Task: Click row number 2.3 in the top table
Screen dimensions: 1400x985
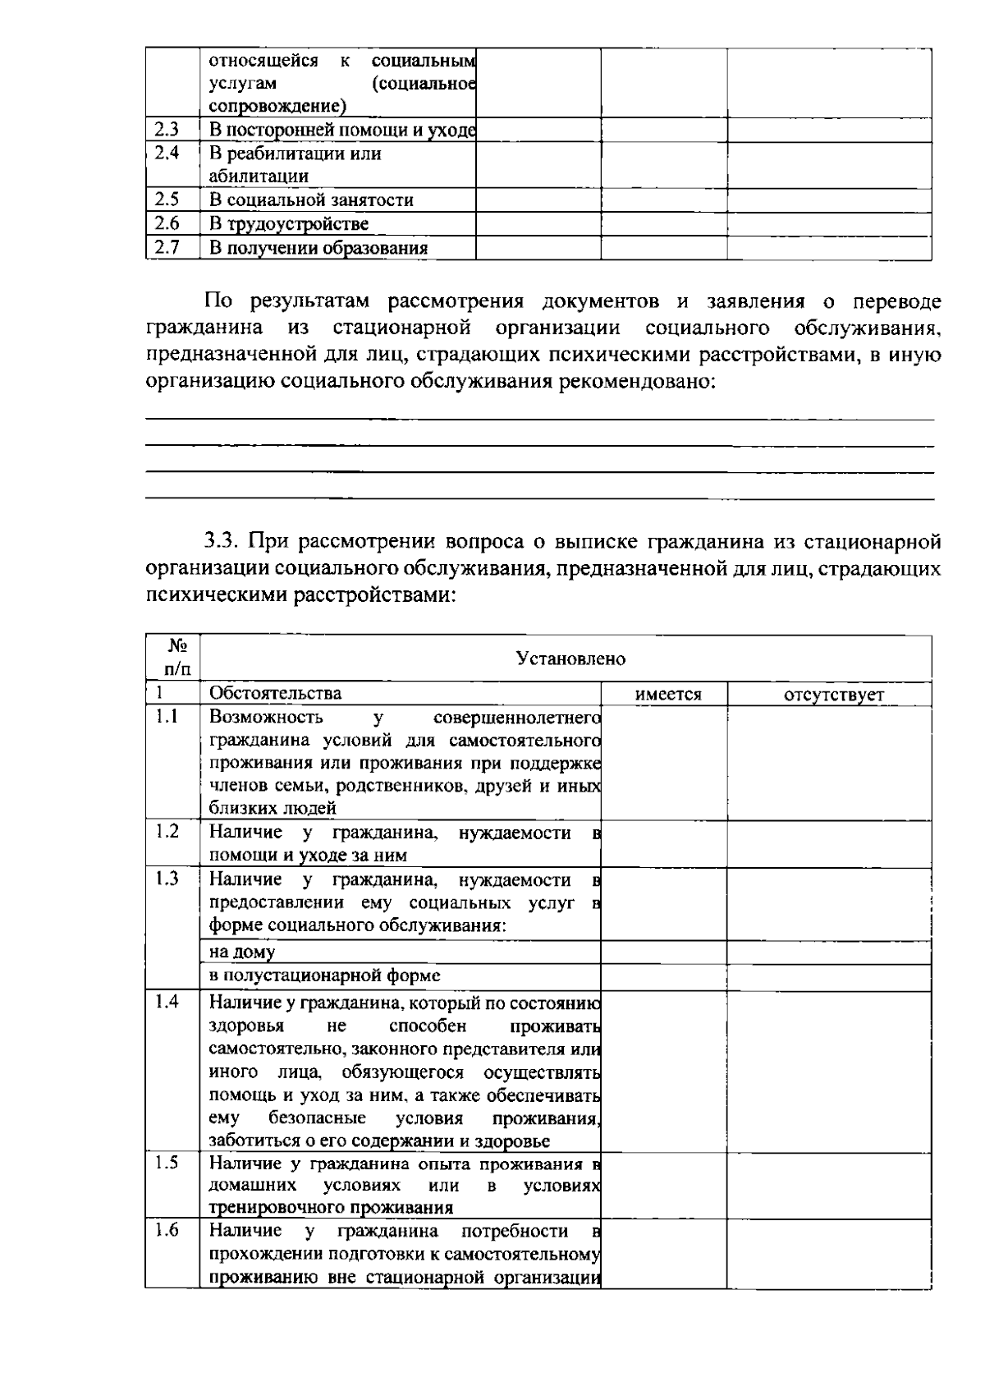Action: (167, 130)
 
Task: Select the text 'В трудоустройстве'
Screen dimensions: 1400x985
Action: (288, 224)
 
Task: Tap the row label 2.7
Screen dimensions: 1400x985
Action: (167, 247)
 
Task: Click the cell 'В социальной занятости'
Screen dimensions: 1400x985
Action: (310, 200)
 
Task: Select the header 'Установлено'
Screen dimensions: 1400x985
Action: (570, 659)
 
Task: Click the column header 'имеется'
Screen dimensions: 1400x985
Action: (668, 695)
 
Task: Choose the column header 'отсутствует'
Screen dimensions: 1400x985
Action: (834, 695)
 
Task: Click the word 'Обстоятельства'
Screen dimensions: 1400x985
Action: (275, 693)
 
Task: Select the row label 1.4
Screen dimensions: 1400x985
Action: (167, 1003)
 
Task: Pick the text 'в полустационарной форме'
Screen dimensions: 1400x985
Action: (324, 975)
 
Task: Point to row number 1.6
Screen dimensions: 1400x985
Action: (167, 1231)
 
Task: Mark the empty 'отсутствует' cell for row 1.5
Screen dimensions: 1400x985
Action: (828, 1186)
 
